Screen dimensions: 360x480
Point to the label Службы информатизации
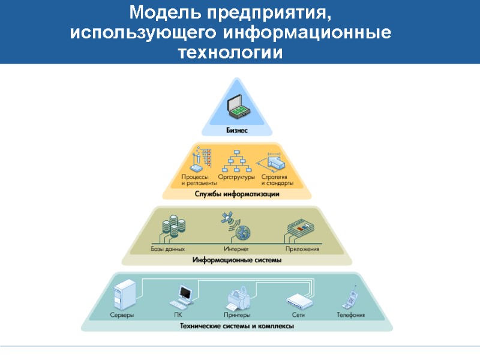(236, 194)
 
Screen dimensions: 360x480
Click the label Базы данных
(167, 248)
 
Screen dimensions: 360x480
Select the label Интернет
(236, 248)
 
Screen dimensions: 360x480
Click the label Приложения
(302, 248)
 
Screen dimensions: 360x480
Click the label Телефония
(350, 314)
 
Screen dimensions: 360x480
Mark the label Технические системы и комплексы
(237, 326)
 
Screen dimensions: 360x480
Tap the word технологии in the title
(230, 52)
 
